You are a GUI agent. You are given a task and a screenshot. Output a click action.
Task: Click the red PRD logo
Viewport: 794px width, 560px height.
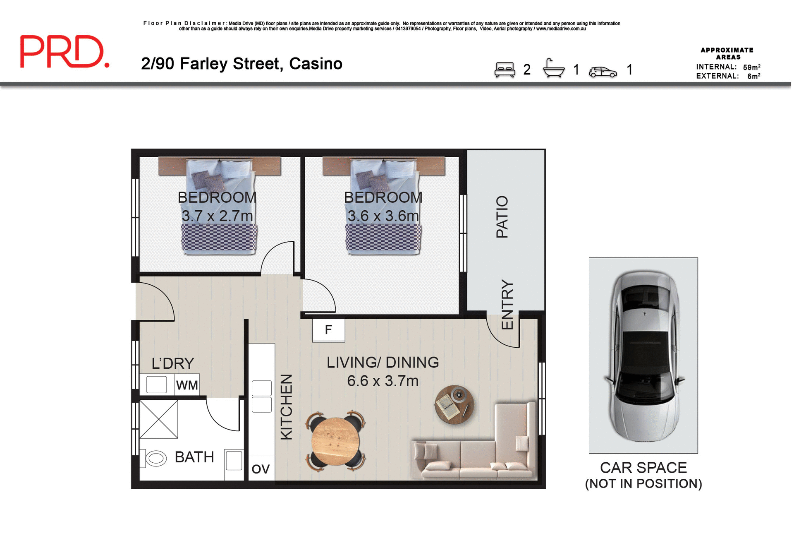65,51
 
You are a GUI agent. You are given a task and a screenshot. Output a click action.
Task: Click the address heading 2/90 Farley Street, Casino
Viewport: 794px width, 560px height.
242,64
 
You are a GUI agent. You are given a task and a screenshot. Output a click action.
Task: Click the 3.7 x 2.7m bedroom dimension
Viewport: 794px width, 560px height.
218,216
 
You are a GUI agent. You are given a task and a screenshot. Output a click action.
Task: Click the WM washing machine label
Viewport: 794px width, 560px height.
187,386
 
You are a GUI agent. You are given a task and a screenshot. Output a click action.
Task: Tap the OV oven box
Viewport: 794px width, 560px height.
261,469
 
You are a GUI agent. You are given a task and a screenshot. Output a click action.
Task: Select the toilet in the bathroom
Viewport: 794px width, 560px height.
155,459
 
